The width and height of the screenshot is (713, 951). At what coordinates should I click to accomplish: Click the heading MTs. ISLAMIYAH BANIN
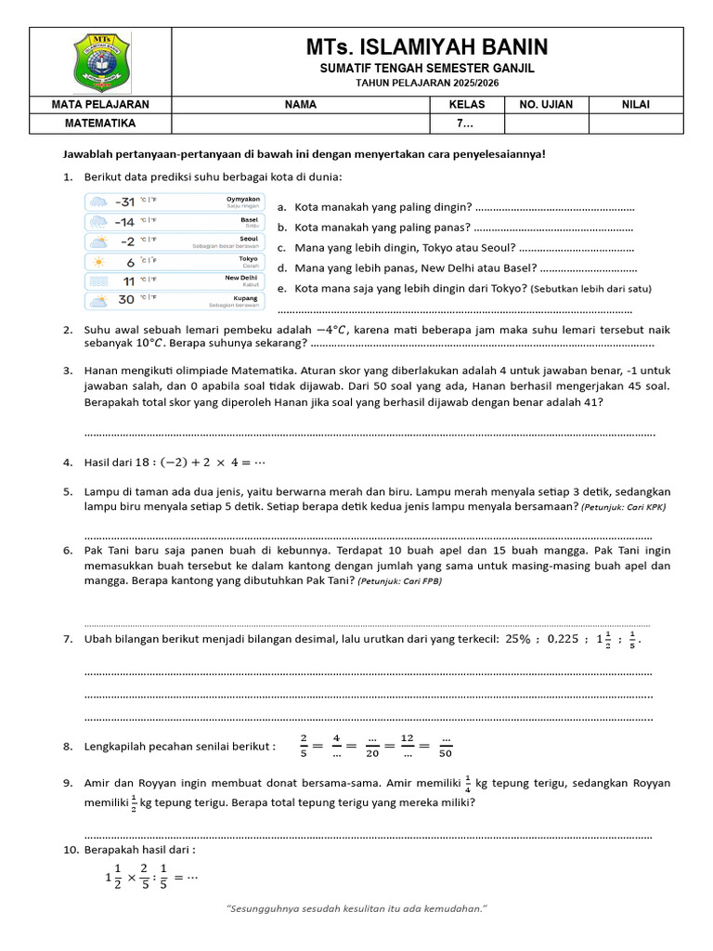point(427,46)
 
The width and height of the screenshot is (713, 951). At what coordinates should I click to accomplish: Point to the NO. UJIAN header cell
point(546,105)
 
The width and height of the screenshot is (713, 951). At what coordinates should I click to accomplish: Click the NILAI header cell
point(636,105)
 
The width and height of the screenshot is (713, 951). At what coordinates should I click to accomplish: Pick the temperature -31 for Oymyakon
point(124,202)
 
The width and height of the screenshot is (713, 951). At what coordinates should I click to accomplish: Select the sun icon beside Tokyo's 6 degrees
point(97,261)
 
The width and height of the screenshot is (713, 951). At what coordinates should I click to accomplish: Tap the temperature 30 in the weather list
point(126,299)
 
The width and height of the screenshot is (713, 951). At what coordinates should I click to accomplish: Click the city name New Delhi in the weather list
point(241,278)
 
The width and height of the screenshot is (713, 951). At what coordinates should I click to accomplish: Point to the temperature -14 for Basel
point(124,222)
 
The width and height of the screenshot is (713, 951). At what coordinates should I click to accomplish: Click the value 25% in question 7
point(518,640)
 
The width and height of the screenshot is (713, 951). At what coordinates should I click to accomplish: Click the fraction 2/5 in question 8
point(303,746)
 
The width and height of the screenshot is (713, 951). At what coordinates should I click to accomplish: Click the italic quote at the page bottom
point(357,907)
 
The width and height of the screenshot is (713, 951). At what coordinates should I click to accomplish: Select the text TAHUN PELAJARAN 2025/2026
point(427,83)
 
